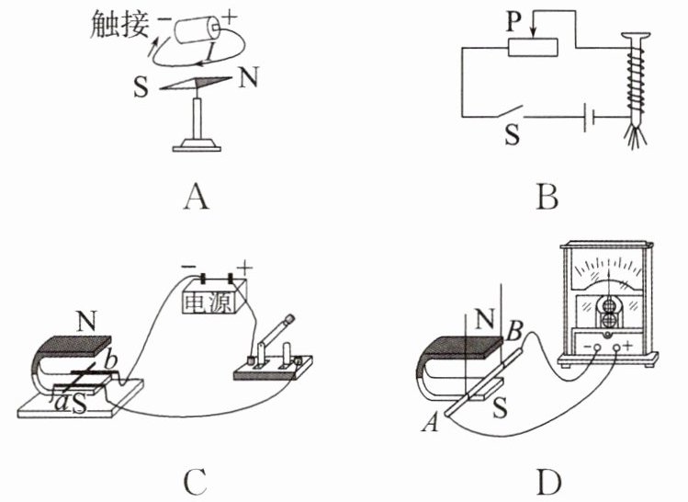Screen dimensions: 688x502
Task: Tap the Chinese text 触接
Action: pyautogui.click(x=118, y=24)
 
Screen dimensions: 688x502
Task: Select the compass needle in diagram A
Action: pyautogui.click(x=196, y=83)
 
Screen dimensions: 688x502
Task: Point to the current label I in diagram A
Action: pyautogui.click(x=211, y=53)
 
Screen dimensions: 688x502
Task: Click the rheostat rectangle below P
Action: pyautogui.click(x=533, y=48)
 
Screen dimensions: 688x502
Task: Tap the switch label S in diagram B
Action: pyautogui.click(x=513, y=134)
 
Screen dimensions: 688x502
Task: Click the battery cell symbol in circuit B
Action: pyautogui.click(x=590, y=118)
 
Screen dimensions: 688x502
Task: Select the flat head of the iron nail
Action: pyautogui.click(x=636, y=36)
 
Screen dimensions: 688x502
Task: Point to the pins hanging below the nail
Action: pyautogui.click(x=636, y=137)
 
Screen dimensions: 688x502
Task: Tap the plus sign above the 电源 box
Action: pyautogui.click(x=244, y=267)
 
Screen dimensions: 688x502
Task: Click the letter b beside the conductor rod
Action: pyautogui.click(x=111, y=360)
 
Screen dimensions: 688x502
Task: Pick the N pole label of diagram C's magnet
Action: pyautogui.click(x=86, y=322)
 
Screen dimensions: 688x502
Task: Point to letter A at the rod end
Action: pyautogui.click(x=431, y=424)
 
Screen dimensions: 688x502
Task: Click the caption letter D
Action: pyautogui.click(x=548, y=483)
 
